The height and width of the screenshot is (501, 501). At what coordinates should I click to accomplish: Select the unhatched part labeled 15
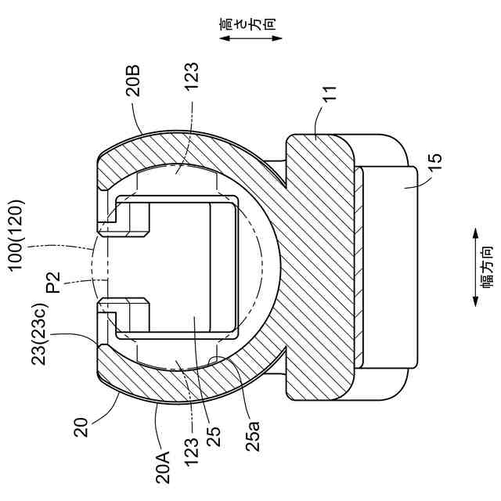(387, 266)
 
